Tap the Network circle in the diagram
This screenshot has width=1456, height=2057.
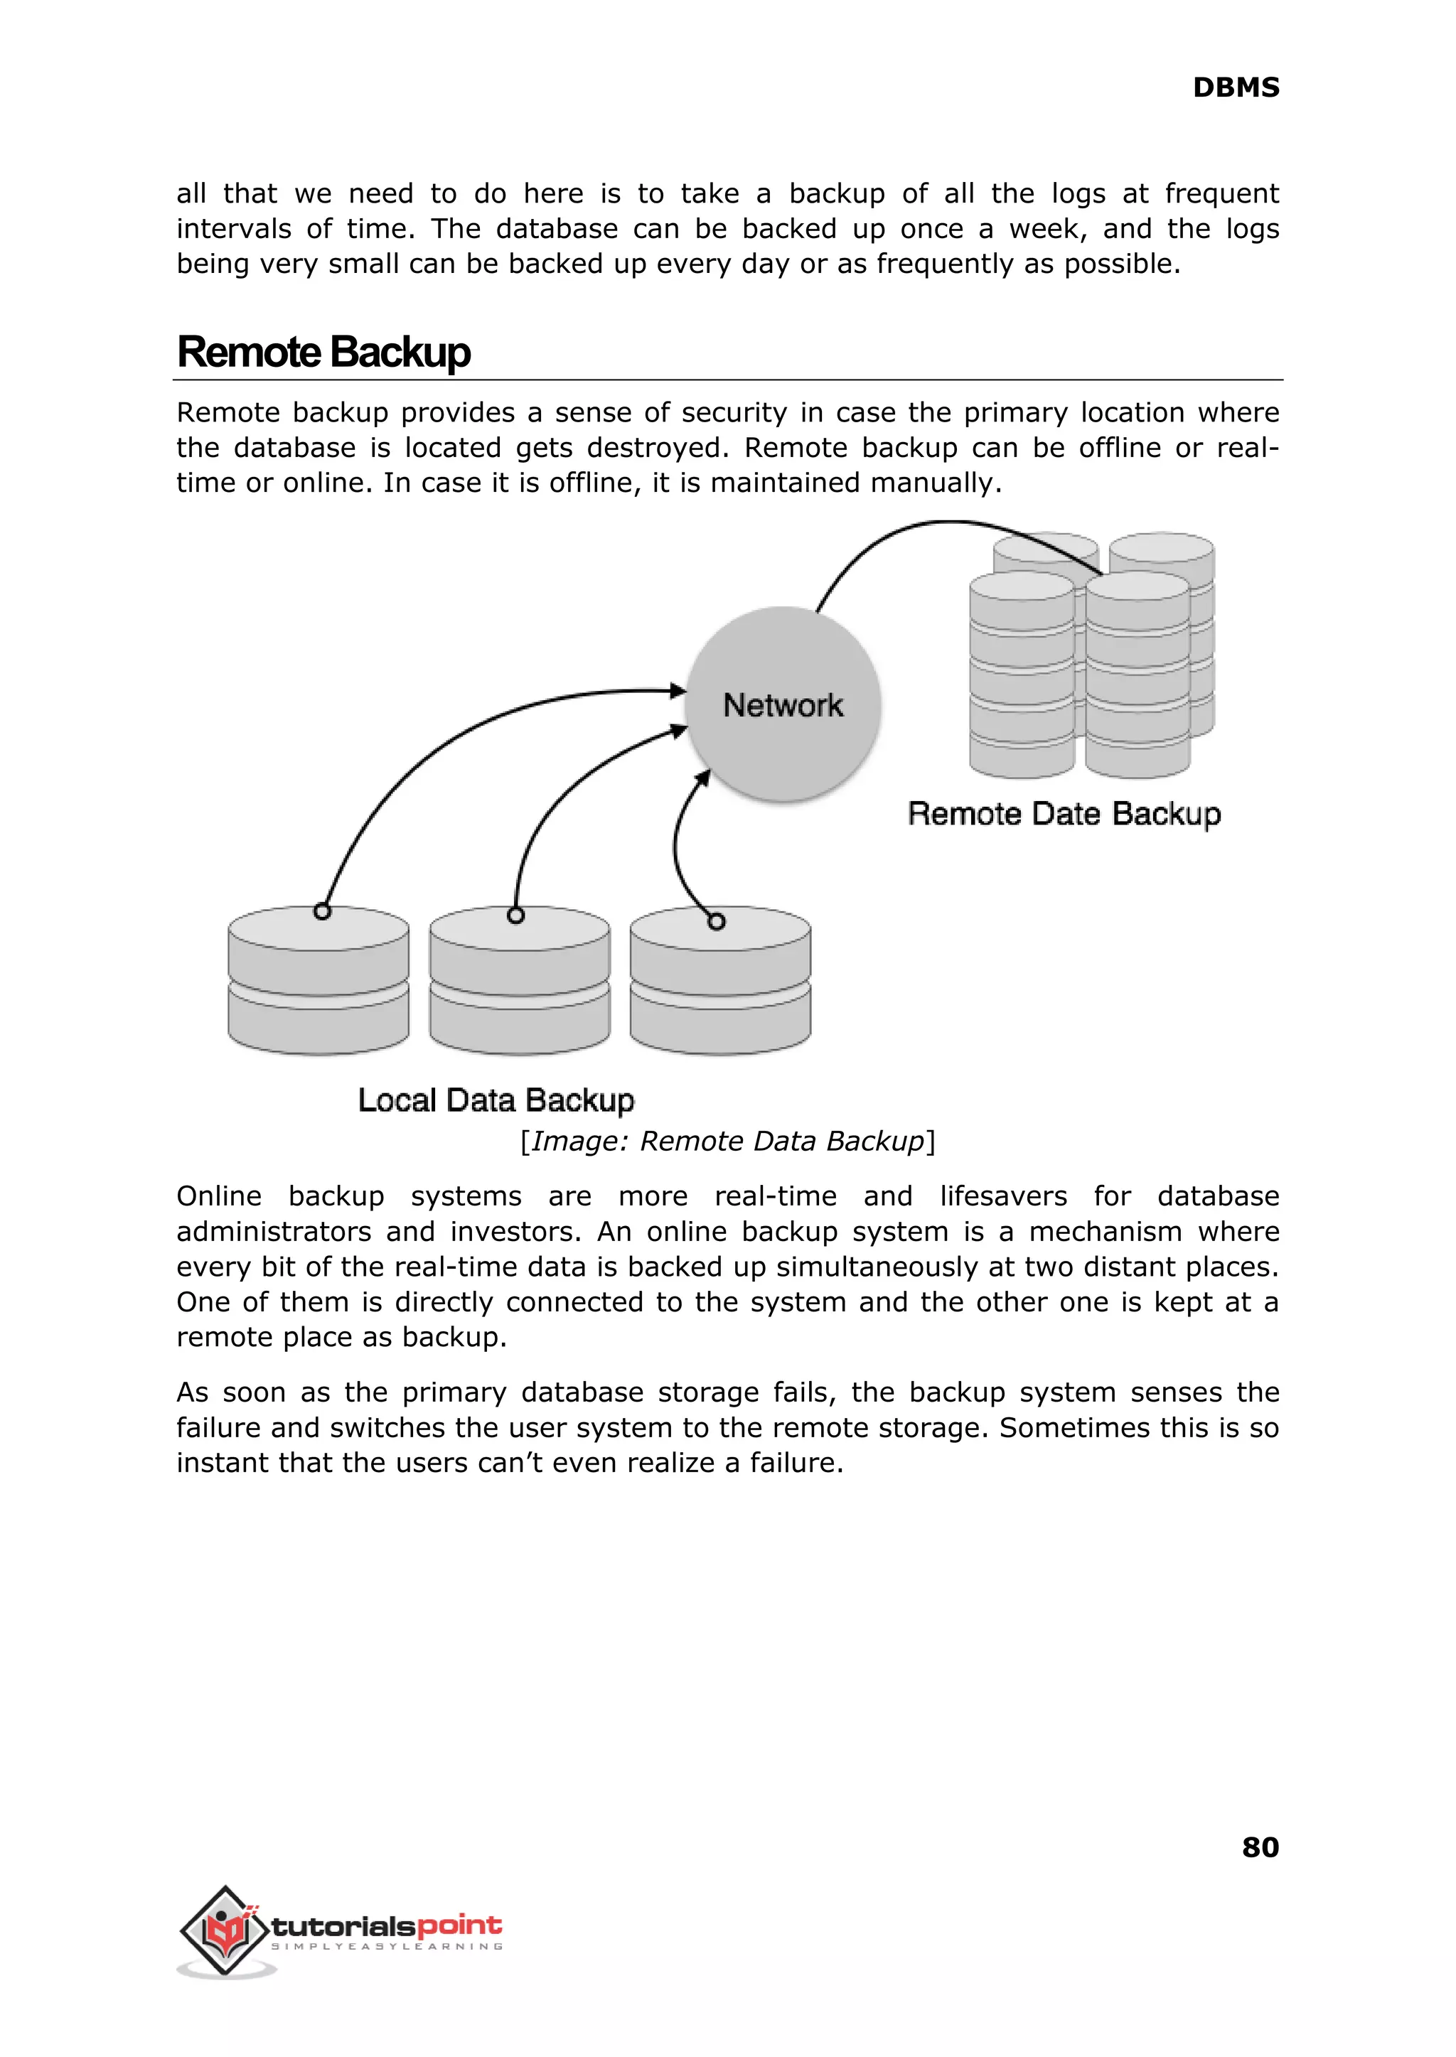(783, 704)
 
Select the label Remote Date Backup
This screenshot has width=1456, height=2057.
(1064, 814)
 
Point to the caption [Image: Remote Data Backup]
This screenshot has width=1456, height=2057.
(728, 1141)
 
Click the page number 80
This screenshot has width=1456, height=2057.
(1260, 1847)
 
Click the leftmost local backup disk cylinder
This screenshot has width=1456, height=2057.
(318, 986)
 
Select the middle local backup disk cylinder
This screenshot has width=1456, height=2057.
(520, 986)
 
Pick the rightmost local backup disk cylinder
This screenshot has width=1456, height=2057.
(720, 986)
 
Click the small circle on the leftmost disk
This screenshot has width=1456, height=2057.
(323, 911)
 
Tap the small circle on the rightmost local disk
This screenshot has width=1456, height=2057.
(715, 921)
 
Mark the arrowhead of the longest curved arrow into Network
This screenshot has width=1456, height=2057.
(679, 690)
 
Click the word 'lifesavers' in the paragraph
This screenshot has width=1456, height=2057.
(1003, 1196)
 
